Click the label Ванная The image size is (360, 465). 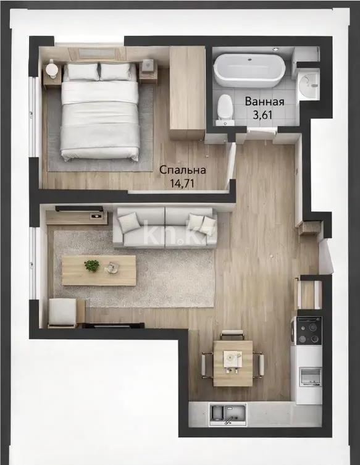(x=264, y=102)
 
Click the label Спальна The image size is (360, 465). (x=183, y=170)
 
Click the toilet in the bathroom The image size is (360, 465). (x=225, y=109)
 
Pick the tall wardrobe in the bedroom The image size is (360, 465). (x=186, y=93)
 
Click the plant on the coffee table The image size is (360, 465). (x=91, y=266)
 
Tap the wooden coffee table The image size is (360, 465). (x=99, y=270)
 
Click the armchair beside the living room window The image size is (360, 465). (x=64, y=312)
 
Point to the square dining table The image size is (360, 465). (x=233, y=362)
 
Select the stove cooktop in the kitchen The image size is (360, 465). (x=308, y=331)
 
